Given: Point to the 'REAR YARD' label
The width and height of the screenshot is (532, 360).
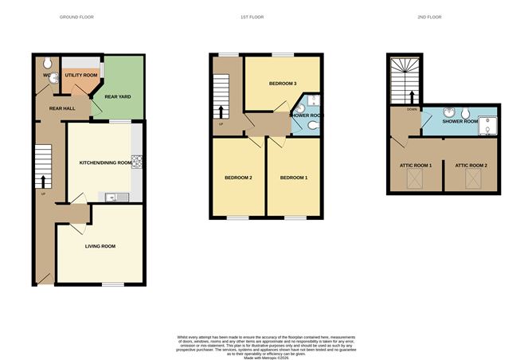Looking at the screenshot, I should tap(117, 98).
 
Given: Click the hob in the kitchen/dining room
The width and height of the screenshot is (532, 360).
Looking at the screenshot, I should tap(137, 162).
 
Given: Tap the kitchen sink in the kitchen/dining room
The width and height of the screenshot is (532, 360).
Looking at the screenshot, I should tap(112, 197).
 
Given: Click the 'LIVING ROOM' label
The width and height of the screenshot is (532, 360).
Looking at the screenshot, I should tap(100, 246).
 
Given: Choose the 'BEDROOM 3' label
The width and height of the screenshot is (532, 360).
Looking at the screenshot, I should tap(283, 84).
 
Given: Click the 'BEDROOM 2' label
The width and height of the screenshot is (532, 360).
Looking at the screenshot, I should tap(238, 177).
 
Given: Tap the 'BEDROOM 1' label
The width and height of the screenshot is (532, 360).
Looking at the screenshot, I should tap(294, 177).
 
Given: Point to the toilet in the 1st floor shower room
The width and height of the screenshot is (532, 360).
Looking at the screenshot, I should tap(313, 100).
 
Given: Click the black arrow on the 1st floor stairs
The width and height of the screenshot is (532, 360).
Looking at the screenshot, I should tap(222, 110).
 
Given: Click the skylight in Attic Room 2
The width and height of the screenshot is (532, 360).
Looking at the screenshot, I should tap(471, 181).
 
